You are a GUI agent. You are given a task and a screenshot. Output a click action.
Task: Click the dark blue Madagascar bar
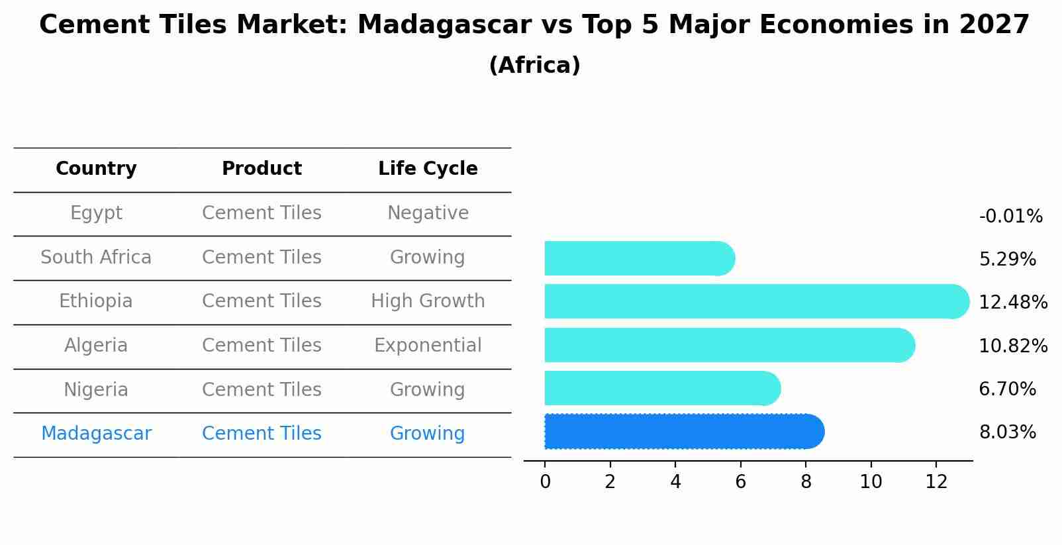coord(682,432)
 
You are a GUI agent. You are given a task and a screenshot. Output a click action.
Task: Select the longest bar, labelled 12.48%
coord(755,301)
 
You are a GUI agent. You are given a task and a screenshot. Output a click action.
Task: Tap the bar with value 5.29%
coord(639,258)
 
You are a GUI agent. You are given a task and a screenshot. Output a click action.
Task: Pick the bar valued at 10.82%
coord(728,345)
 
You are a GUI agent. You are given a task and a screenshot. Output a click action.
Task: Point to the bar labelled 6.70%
coord(662,388)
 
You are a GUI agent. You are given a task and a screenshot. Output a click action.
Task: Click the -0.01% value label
coord(1010,217)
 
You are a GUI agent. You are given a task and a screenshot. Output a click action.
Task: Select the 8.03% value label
coord(1007,432)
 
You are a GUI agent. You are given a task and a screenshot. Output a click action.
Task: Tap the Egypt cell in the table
coord(96,213)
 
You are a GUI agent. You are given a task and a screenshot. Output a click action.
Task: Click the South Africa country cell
coord(96,258)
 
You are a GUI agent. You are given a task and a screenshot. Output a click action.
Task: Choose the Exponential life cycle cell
coord(428,346)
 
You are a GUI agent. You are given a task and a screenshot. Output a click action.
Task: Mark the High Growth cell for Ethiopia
coord(428,301)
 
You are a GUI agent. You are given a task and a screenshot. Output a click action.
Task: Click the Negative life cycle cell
coord(428,213)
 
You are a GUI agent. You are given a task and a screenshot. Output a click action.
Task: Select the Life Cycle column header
coord(428,169)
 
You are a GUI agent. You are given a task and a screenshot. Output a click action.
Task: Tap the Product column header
coord(262,169)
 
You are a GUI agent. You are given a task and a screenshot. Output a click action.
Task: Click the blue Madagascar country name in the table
coord(96,434)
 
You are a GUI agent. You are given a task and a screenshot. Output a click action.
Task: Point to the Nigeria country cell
coord(96,390)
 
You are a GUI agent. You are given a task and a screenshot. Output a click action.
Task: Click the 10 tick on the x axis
coord(871,482)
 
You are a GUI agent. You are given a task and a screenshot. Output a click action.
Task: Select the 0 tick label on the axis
coord(545,482)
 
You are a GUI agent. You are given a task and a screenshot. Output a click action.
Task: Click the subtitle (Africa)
coord(534,66)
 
